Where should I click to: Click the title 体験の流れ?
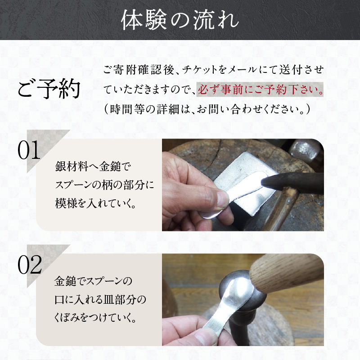180,21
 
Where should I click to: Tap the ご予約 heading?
49,89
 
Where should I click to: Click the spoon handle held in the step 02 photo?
211,322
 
